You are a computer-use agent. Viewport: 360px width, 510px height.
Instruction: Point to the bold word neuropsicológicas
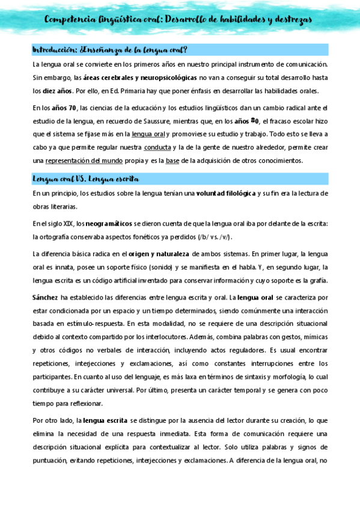[x=177, y=78]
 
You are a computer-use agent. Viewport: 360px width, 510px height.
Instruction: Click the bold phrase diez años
[x=58, y=91]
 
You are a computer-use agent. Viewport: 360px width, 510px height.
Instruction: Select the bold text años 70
[x=64, y=108]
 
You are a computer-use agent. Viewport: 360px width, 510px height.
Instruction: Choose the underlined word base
[x=172, y=161]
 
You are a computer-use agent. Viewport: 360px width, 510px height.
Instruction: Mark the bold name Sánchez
[x=46, y=297]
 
